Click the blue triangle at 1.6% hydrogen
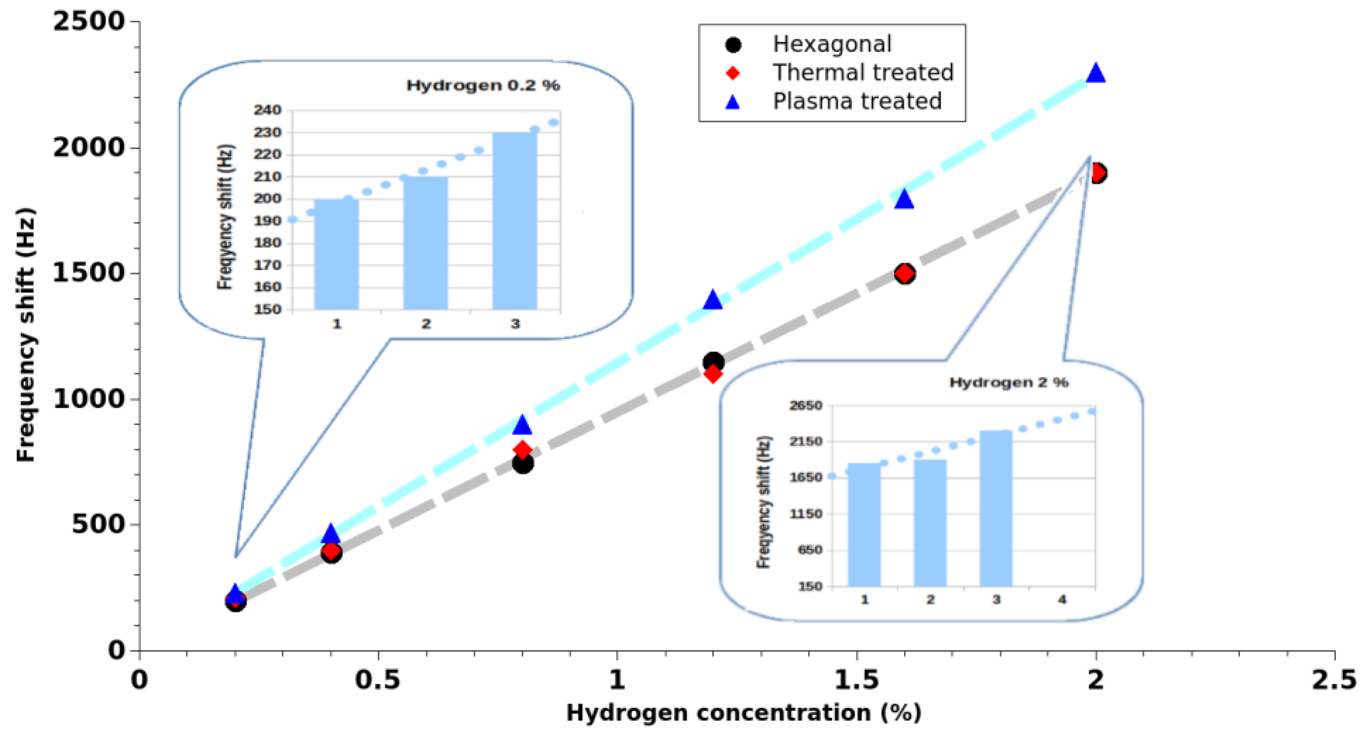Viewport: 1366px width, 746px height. [904, 200]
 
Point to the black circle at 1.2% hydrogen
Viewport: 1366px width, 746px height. [713, 362]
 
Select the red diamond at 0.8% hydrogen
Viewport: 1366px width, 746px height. [522, 450]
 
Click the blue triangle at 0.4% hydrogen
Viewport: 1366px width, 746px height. [330, 534]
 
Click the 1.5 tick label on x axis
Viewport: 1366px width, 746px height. [856, 680]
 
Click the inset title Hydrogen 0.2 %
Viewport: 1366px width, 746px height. [482, 86]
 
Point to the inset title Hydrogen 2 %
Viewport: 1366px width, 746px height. [1008, 382]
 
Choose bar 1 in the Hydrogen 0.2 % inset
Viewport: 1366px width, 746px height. [336, 254]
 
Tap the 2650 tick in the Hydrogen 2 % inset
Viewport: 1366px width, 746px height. [806, 406]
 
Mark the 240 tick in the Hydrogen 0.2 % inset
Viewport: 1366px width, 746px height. [267, 110]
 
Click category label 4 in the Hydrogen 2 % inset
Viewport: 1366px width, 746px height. [1062, 600]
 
